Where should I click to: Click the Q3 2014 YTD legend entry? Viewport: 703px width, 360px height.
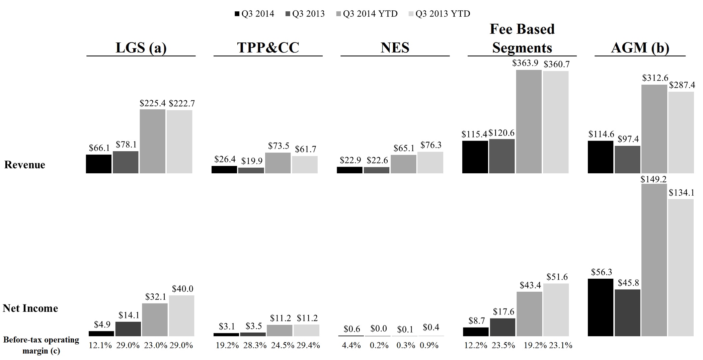click(367, 14)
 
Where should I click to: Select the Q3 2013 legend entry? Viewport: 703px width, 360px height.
click(305, 14)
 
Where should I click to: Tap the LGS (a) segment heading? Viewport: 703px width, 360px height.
click(141, 48)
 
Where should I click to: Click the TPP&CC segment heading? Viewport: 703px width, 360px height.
click(268, 48)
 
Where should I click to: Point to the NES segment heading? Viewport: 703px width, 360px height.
click(395, 48)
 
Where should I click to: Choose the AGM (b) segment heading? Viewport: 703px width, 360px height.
click(640, 48)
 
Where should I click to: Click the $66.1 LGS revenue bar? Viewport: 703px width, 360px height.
click(99, 164)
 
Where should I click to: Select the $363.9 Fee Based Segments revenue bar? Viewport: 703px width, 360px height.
click(529, 122)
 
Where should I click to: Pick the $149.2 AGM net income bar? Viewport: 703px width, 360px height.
click(654, 260)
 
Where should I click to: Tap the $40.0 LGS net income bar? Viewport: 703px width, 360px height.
click(181, 316)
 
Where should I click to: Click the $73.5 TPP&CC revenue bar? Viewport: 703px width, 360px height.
click(278, 163)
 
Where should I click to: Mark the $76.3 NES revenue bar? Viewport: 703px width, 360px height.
click(430, 163)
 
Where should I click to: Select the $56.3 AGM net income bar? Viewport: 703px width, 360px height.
click(601, 307)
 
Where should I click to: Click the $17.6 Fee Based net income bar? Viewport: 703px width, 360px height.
click(502, 327)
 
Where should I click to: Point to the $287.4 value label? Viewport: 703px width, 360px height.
click(682, 85)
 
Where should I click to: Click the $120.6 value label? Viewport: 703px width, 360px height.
click(501, 133)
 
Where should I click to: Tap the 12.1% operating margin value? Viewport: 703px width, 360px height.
click(100, 345)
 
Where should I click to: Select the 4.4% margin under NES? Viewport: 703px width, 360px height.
click(351, 345)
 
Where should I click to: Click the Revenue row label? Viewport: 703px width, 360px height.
click(25, 165)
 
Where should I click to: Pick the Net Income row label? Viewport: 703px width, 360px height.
click(30, 308)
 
